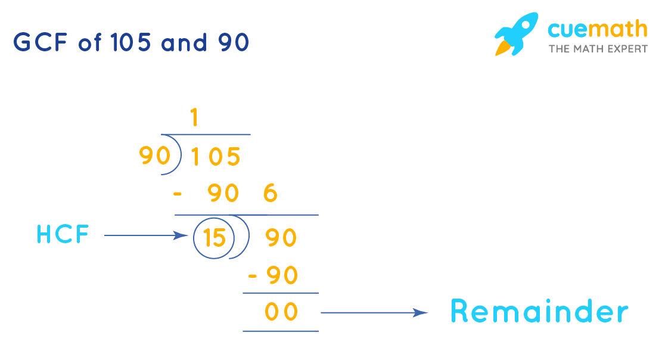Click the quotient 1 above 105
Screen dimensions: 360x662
tap(194, 119)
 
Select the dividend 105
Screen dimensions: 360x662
tap(215, 157)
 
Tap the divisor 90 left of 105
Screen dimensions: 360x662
tap(154, 156)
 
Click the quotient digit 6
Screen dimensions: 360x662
tap(270, 194)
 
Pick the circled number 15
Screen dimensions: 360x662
tap(213, 238)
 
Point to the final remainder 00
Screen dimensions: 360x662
tap(281, 312)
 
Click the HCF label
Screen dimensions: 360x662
tap(63, 235)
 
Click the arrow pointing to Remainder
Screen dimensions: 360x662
tap(374, 312)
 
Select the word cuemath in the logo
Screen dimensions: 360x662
tap(598, 29)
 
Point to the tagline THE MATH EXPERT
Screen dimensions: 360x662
tap(598, 49)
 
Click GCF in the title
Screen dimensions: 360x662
tap(41, 43)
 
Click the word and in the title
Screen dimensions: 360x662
tap(184, 43)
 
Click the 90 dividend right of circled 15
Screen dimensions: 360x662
tap(281, 238)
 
